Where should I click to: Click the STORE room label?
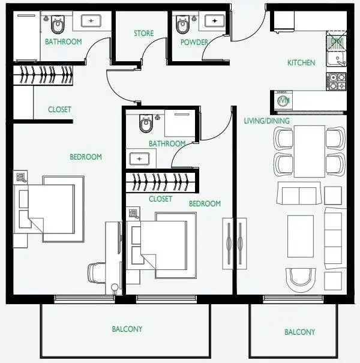coord(143,34)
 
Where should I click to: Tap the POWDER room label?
coord(194,43)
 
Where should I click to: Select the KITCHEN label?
coord(301,62)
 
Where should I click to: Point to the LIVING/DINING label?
coord(267,121)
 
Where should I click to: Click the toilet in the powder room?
coord(182,24)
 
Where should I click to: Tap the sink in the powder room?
coord(215,21)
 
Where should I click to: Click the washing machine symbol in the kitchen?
coord(283,100)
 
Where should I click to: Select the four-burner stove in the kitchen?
coord(336,82)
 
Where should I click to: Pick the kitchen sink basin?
coord(336,59)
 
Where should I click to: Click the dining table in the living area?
coord(310,151)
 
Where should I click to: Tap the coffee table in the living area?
coord(301,236)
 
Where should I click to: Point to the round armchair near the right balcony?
coord(301,280)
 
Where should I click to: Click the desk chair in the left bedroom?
coord(97,273)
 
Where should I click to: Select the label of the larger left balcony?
coord(127,329)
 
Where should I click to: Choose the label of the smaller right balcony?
coord(299,332)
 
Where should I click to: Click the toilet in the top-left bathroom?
coord(58,25)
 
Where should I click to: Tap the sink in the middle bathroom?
coord(139,159)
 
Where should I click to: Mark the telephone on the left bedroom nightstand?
coord(21,178)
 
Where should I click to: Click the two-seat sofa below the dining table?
coord(299,193)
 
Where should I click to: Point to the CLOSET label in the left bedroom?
coord(59,109)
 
